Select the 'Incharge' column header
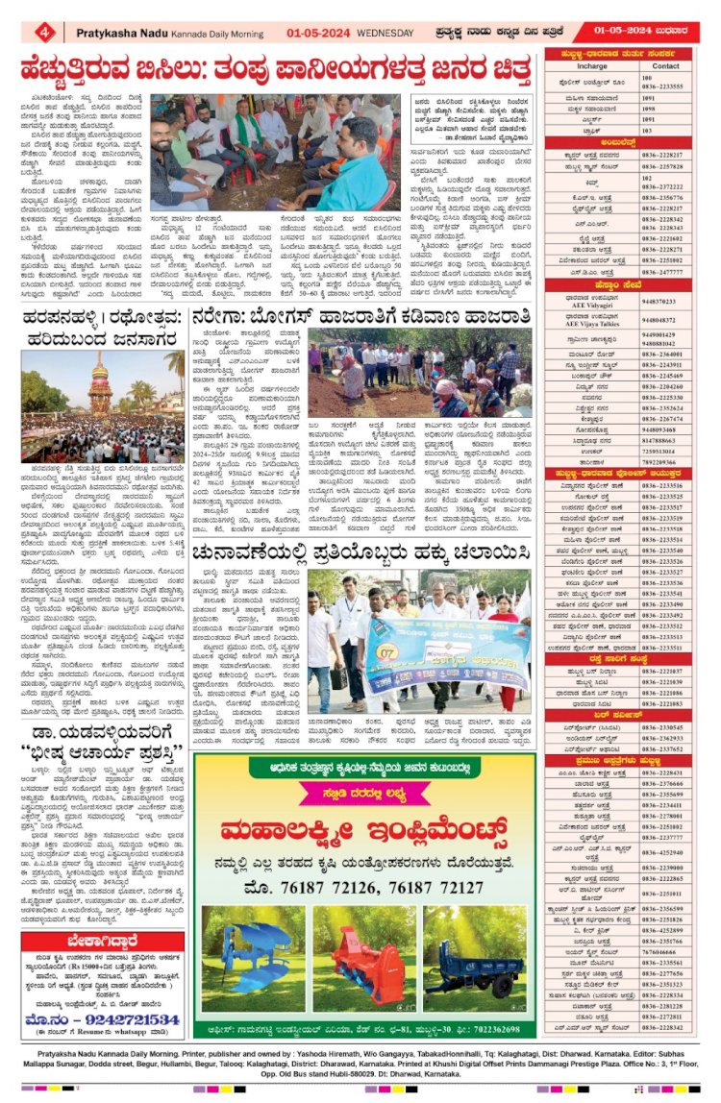pos(592,66)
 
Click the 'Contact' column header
pos(666,66)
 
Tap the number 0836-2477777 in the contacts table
pos(666,272)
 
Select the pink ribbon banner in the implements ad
pos(362,793)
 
